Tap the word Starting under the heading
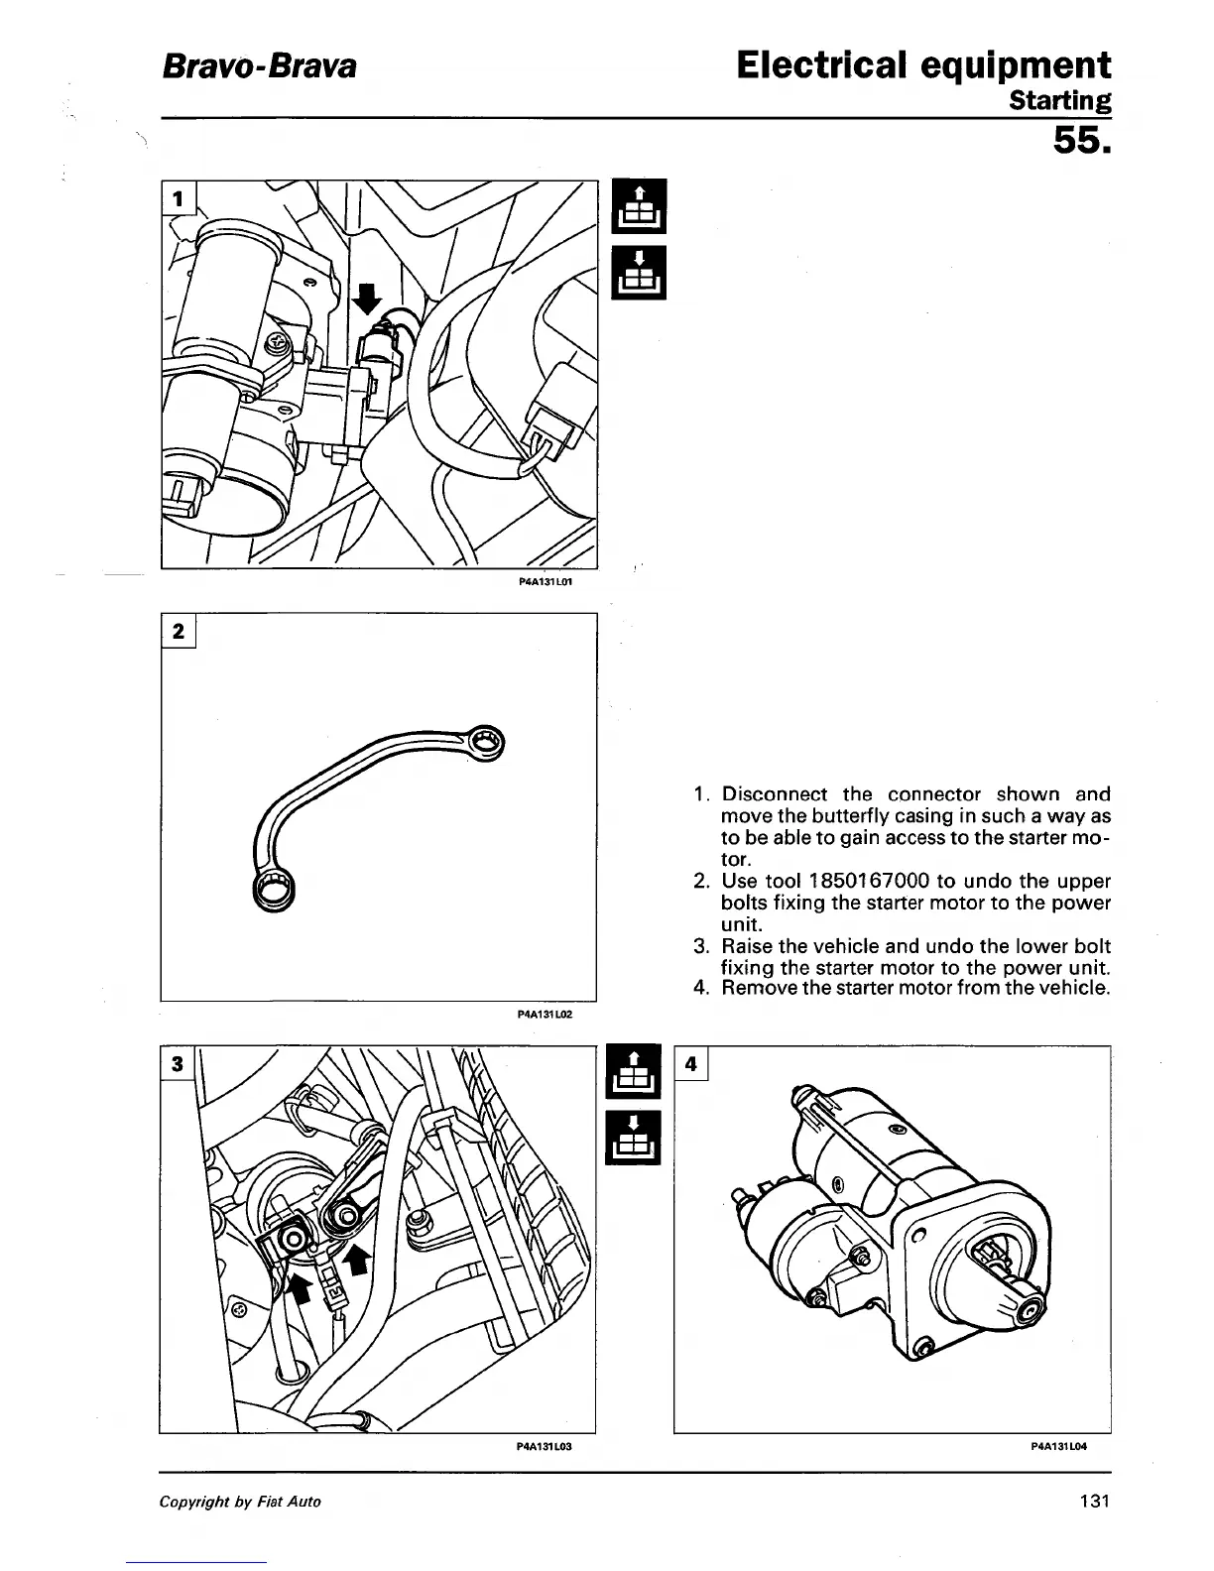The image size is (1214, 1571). tap(1059, 100)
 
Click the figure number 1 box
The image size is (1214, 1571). tap(180, 198)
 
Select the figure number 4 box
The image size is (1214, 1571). tap(692, 1064)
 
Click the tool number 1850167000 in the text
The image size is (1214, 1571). tap(862, 881)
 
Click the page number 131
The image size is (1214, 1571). tap(1094, 1501)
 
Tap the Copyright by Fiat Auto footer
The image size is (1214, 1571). tap(241, 1502)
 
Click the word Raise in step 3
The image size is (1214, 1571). tap(746, 945)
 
